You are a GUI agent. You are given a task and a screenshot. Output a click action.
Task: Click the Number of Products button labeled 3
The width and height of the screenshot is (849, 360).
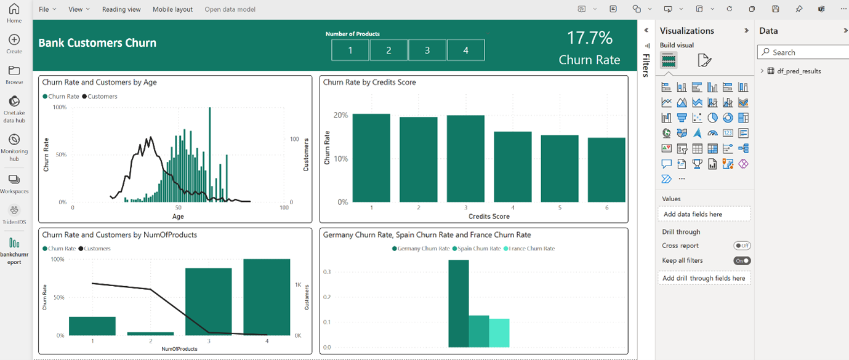pos(427,50)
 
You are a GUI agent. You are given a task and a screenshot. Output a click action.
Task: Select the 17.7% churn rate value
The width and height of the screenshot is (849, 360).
pos(589,38)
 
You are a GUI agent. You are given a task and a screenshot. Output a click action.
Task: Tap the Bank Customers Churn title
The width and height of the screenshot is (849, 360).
pos(97,43)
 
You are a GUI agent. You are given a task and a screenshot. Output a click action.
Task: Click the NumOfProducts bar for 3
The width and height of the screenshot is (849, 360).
pos(209,302)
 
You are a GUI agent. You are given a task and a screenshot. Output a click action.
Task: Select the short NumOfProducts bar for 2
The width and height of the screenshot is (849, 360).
pos(150,334)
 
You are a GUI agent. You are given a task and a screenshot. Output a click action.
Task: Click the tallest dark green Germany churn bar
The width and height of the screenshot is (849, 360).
pos(458,303)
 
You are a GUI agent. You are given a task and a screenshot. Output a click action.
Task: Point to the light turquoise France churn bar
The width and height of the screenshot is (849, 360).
pos(499,332)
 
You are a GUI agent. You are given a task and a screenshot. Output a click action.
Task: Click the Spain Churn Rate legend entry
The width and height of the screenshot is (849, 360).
pos(477,249)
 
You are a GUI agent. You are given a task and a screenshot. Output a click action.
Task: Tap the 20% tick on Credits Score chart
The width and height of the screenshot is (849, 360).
pos(340,115)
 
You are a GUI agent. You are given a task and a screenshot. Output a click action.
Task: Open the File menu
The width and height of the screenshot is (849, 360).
pos(47,9)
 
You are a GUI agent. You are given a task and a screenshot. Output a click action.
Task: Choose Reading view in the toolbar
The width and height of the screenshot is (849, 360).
pos(121,9)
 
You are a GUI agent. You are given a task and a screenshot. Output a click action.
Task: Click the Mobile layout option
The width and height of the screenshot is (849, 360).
pos(172,9)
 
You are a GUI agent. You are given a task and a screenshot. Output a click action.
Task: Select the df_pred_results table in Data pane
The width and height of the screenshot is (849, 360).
pos(799,71)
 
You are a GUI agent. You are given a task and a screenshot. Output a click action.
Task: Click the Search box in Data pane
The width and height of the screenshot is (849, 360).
pos(803,52)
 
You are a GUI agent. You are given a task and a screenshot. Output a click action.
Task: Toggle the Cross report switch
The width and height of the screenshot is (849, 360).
pos(742,246)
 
